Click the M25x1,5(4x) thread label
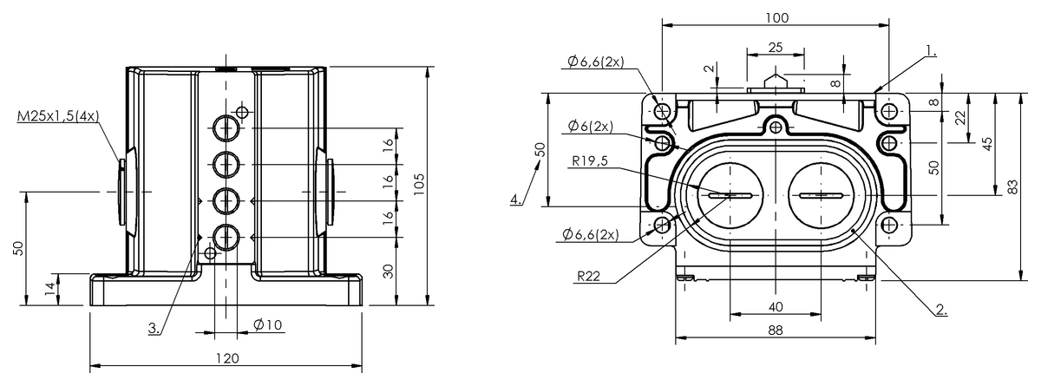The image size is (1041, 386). pyautogui.click(x=58, y=115)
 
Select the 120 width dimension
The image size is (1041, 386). pyautogui.click(x=227, y=358)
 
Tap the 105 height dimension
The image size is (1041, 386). pyautogui.click(x=419, y=185)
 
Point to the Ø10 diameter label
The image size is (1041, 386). pyautogui.click(x=268, y=324)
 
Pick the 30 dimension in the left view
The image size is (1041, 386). pyautogui.click(x=389, y=271)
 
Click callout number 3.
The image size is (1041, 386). pyautogui.click(x=154, y=329)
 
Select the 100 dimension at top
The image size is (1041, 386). pyautogui.click(x=777, y=17)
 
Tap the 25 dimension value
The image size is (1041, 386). pyautogui.click(x=776, y=48)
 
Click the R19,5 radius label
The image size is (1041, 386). pyautogui.click(x=590, y=161)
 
